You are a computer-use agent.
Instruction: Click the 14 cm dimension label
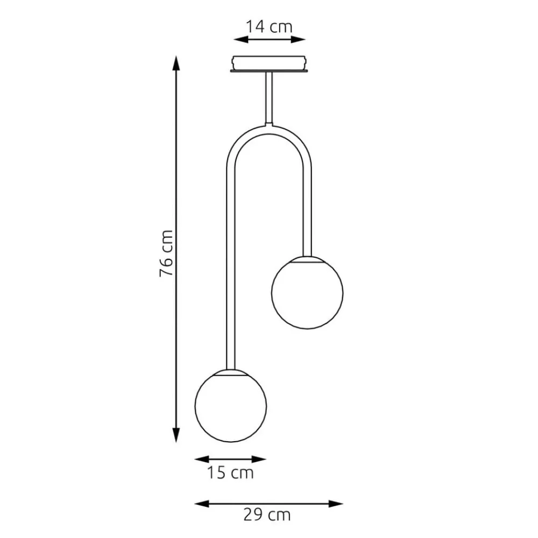point(269,26)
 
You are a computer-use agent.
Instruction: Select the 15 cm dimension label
point(230,473)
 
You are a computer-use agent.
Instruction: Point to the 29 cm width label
point(267,515)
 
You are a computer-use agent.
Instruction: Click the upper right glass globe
point(307,293)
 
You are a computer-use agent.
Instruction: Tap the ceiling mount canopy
point(269,64)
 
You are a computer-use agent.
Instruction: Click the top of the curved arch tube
point(269,126)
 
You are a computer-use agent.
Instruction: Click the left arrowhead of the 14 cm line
point(237,39)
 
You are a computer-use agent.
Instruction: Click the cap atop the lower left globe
point(230,371)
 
